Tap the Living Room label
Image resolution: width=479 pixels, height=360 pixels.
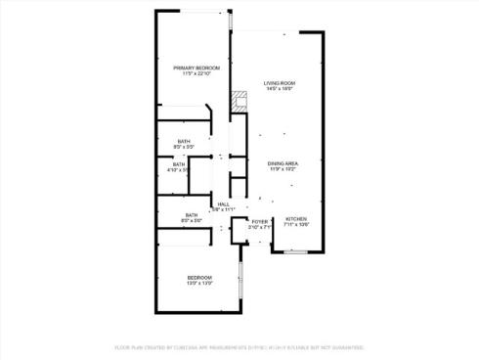[x=280, y=83]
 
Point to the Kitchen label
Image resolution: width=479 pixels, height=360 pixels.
[x=295, y=218]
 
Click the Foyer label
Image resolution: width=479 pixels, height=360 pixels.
[x=259, y=222]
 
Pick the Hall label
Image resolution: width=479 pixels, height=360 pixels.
[x=224, y=202]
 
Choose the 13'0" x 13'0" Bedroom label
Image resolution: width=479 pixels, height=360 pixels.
[x=199, y=278]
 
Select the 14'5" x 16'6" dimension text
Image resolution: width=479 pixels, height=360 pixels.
[x=280, y=90]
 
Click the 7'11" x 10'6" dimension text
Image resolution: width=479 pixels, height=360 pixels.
[x=295, y=225]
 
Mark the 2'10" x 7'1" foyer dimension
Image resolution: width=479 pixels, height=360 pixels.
[x=259, y=229]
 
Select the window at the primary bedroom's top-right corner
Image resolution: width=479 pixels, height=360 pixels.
[x=230, y=21]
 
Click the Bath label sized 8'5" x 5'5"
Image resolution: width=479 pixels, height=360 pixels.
[x=184, y=142]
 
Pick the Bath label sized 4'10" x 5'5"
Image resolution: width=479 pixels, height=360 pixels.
[x=179, y=164]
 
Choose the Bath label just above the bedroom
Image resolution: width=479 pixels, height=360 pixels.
[x=192, y=215]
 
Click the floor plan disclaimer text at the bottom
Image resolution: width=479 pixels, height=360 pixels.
[x=239, y=347]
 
